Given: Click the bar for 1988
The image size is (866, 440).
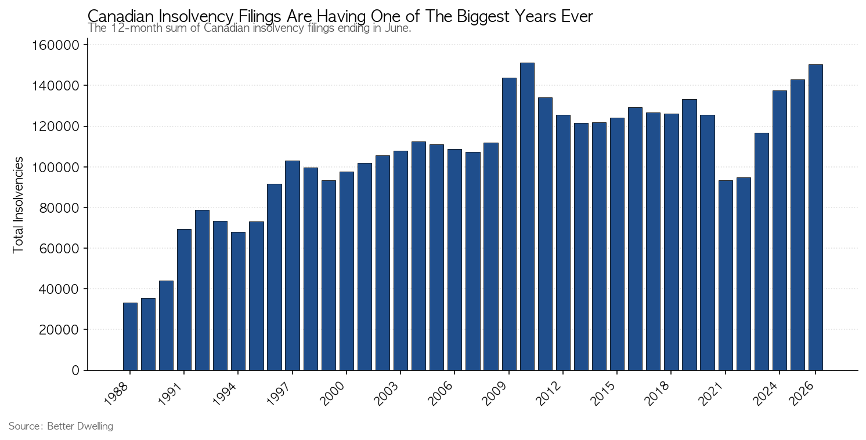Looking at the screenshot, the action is (x=130, y=336).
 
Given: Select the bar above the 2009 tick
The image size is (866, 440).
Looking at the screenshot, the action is (x=509, y=224).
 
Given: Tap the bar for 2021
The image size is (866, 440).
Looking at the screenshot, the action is (x=726, y=275).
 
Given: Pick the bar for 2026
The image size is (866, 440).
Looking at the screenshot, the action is (x=816, y=217).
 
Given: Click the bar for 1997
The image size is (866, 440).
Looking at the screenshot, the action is (x=293, y=266).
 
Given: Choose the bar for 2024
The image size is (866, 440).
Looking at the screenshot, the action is (x=780, y=230).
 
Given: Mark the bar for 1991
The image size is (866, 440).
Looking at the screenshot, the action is (x=184, y=300).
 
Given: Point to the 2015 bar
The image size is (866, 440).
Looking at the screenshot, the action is (x=618, y=244).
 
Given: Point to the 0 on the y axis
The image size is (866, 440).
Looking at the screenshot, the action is (x=75, y=370).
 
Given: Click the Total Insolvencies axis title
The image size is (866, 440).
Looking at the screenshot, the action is (x=18, y=205).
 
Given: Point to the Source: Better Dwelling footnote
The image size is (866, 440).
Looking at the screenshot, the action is (x=61, y=426).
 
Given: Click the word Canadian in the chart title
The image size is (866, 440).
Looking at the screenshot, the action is (x=121, y=17).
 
